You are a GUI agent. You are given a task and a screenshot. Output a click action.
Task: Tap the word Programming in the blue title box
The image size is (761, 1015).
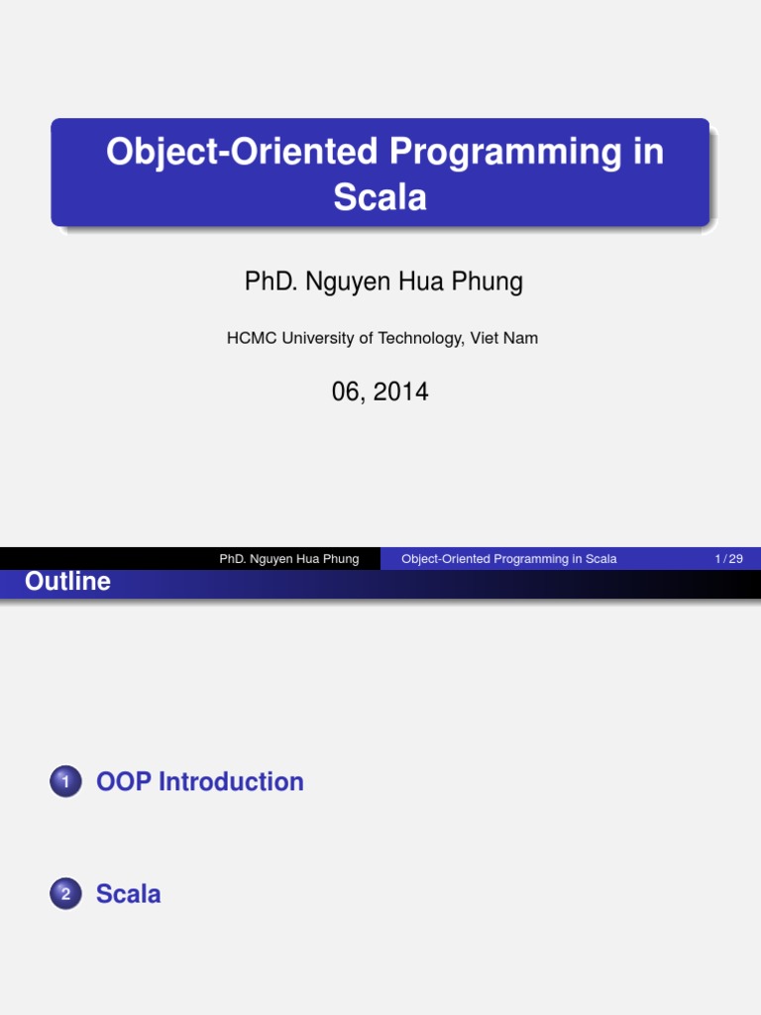pyautogui.click(x=509, y=153)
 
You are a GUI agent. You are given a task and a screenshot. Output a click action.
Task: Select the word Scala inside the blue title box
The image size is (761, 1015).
pyautogui.click(x=380, y=197)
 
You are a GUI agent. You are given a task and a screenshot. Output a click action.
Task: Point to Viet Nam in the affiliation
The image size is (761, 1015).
pyautogui.click(x=504, y=338)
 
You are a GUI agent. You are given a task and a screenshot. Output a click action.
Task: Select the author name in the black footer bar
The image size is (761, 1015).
pyautogui.click(x=289, y=559)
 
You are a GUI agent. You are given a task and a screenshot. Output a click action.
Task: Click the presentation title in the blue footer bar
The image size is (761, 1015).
pyautogui.click(x=509, y=559)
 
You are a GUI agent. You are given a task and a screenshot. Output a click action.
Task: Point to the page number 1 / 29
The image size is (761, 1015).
pyautogui.click(x=728, y=559)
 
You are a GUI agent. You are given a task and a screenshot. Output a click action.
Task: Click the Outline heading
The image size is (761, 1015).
pyautogui.click(x=67, y=582)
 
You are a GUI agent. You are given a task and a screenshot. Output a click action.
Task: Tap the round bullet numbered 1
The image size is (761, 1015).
pyautogui.click(x=65, y=783)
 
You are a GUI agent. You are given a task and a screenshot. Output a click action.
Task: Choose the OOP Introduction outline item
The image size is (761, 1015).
pyautogui.click(x=199, y=782)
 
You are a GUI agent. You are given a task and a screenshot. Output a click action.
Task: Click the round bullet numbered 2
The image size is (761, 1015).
pyautogui.click(x=65, y=895)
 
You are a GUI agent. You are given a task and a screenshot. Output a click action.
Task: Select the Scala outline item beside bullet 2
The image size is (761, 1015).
pyautogui.click(x=128, y=894)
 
